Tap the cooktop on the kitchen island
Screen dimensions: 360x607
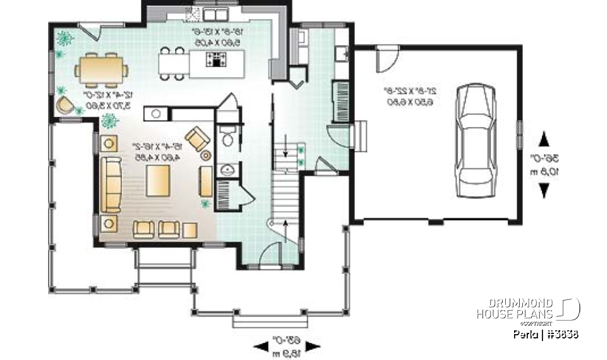click(217, 60)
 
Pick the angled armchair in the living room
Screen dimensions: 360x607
click(197, 137)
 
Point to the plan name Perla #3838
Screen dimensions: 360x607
click(546, 333)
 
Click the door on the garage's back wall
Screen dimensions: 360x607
click(386, 58)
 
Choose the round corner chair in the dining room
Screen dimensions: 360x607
click(64, 104)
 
